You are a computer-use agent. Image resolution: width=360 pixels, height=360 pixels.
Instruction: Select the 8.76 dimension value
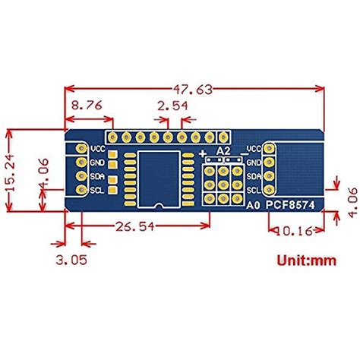(85, 107)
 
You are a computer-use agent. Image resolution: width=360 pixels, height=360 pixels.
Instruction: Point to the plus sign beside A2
(204, 153)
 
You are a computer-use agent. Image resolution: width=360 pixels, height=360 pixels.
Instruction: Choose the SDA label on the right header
(254, 176)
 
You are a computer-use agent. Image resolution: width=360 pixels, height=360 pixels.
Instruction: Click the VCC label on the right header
(254, 149)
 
